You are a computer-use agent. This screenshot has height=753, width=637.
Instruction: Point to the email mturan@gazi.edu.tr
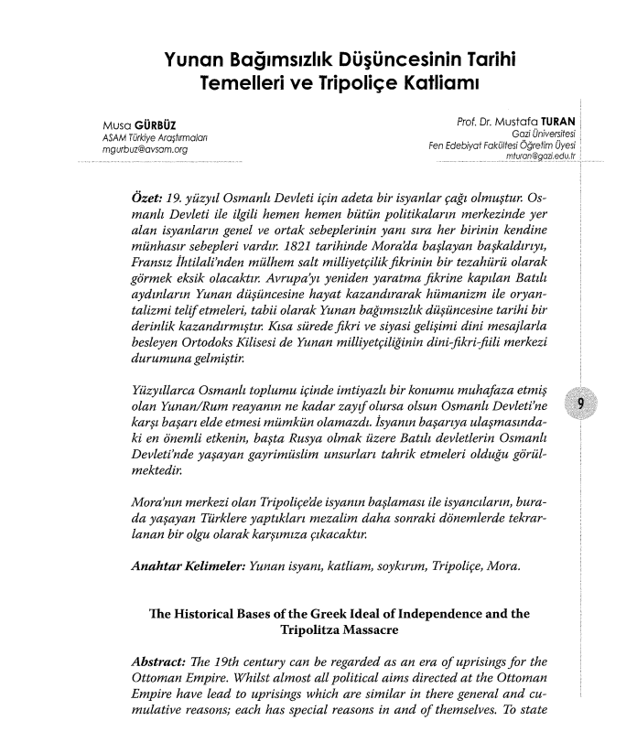[525, 156]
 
